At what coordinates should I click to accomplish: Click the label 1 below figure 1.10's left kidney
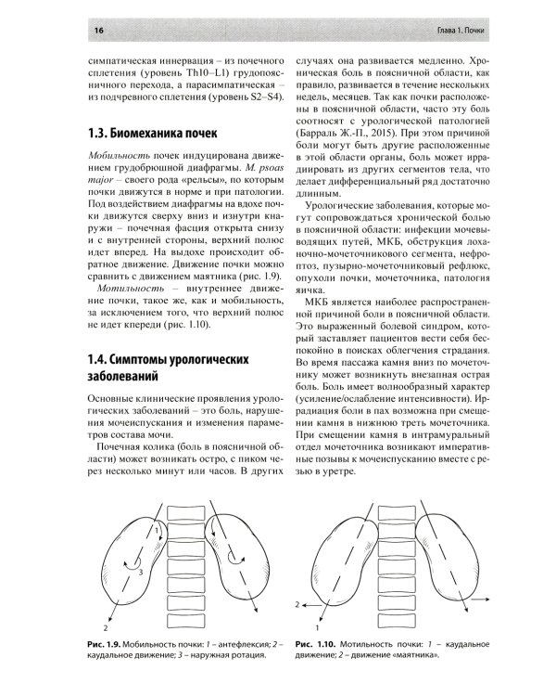(x=319, y=614)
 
